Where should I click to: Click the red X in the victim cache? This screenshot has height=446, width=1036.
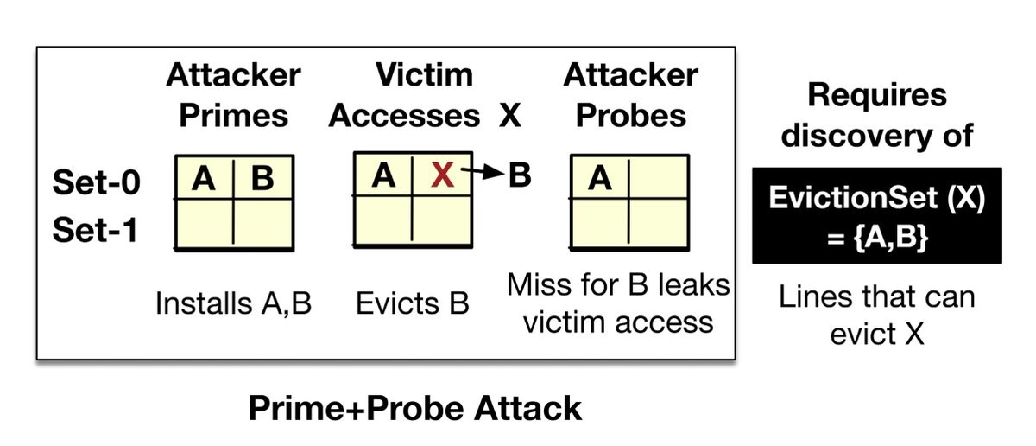tap(442, 175)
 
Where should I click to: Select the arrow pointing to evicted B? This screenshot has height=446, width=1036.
tap(483, 172)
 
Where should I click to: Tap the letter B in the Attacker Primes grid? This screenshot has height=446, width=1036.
tap(262, 178)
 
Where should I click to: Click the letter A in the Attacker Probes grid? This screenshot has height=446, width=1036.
tap(600, 178)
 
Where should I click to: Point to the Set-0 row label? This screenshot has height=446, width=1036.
tap(96, 182)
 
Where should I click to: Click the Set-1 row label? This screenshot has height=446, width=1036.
tap(95, 230)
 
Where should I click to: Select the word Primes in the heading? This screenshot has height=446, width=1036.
tap(234, 116)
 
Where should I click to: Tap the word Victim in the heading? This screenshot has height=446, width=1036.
tap(424, 74)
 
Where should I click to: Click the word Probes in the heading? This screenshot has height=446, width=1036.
tap(631, 116)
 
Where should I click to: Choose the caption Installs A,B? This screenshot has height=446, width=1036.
tap(234, 304)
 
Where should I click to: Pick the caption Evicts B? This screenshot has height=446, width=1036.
tap(412, 304)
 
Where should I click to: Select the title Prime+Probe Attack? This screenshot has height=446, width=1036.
tap(415, 409)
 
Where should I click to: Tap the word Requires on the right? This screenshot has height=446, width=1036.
tap(877, 95)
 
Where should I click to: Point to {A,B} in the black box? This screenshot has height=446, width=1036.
tap(891, 238)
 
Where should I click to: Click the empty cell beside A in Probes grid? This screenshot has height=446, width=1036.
tap(659, 178)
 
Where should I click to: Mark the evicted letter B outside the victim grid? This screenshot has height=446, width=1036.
tap(520, 175)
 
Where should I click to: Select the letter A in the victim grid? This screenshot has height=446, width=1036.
tap(383, 175)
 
